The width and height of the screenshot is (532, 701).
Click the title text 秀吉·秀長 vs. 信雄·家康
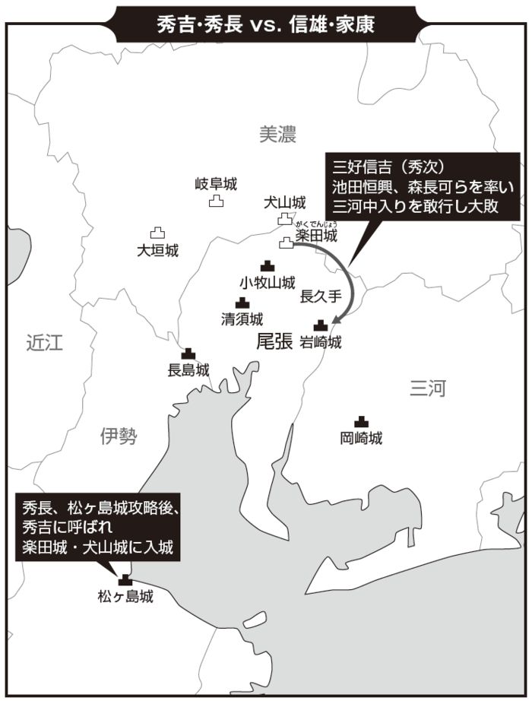click(265, 24)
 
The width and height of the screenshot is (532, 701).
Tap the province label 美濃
click(277, 135)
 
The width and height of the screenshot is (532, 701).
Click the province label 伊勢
click(119, 435)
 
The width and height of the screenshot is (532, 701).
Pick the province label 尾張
click(274, 342)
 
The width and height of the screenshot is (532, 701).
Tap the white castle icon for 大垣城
click(157, 233)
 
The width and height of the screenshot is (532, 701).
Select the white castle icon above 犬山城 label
click(284, 219)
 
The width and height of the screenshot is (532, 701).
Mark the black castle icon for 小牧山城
click(267, 266)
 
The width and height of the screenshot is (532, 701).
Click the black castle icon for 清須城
click(242, 303)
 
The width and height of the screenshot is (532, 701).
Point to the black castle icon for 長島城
click(188, 354)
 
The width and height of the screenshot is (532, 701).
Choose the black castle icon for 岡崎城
click(361, 421)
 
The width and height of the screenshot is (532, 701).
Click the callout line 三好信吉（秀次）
click(388, 167)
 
